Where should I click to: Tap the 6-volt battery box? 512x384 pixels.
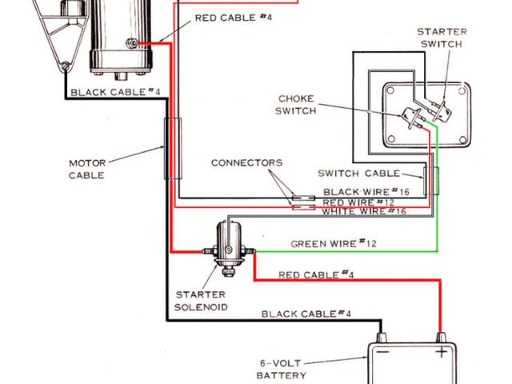[x=408, y=364]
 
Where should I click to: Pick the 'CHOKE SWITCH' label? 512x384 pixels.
[x=296, y=104]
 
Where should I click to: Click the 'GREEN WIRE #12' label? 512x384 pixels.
[x=333, y=243]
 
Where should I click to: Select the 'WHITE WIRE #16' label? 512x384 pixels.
[x=365, y=212]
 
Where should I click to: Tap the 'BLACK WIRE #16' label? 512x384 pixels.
[x=365, y=192]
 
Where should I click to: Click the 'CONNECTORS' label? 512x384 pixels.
[x=246, y=162]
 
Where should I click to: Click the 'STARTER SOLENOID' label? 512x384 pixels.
[x=202, y=300]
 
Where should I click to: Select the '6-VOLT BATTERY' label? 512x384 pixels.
[x=281, y=368]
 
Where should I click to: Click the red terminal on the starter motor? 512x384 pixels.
[x=139, y=43]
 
